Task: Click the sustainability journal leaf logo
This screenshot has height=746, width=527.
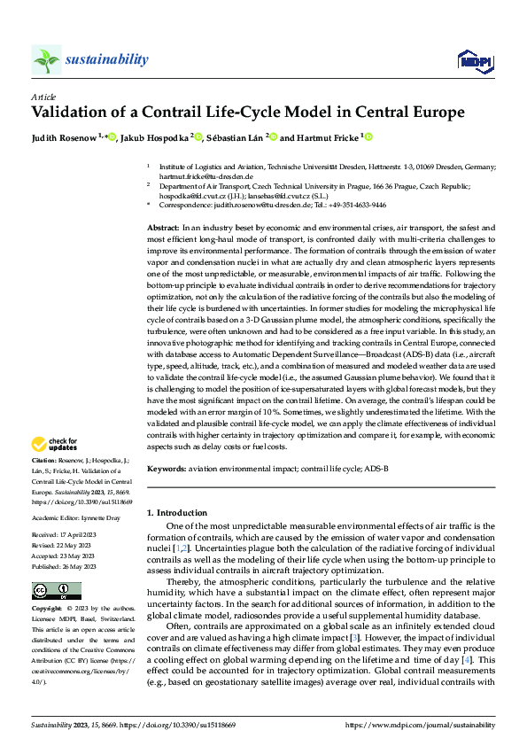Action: pos(46,59)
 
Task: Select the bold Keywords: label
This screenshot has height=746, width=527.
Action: pos(167,467)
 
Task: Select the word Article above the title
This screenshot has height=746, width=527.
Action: pos(43,96)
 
